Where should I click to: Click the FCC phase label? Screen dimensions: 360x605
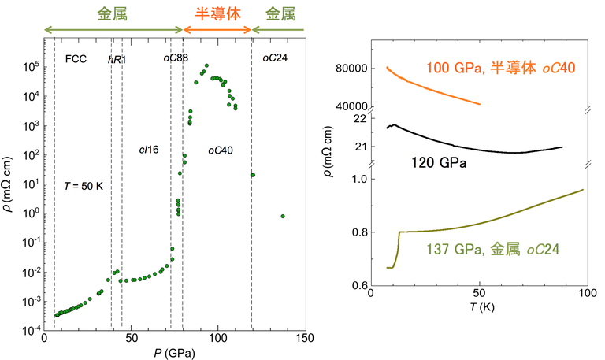click(76, 59)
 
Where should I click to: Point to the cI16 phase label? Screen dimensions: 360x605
click(149, 148)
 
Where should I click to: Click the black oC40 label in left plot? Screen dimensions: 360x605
click(220, 149)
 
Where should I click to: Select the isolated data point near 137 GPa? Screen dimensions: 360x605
click(283, 216)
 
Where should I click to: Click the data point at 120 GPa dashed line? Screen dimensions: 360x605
click(252, 175)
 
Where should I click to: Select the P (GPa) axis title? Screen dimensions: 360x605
click(175, 353)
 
